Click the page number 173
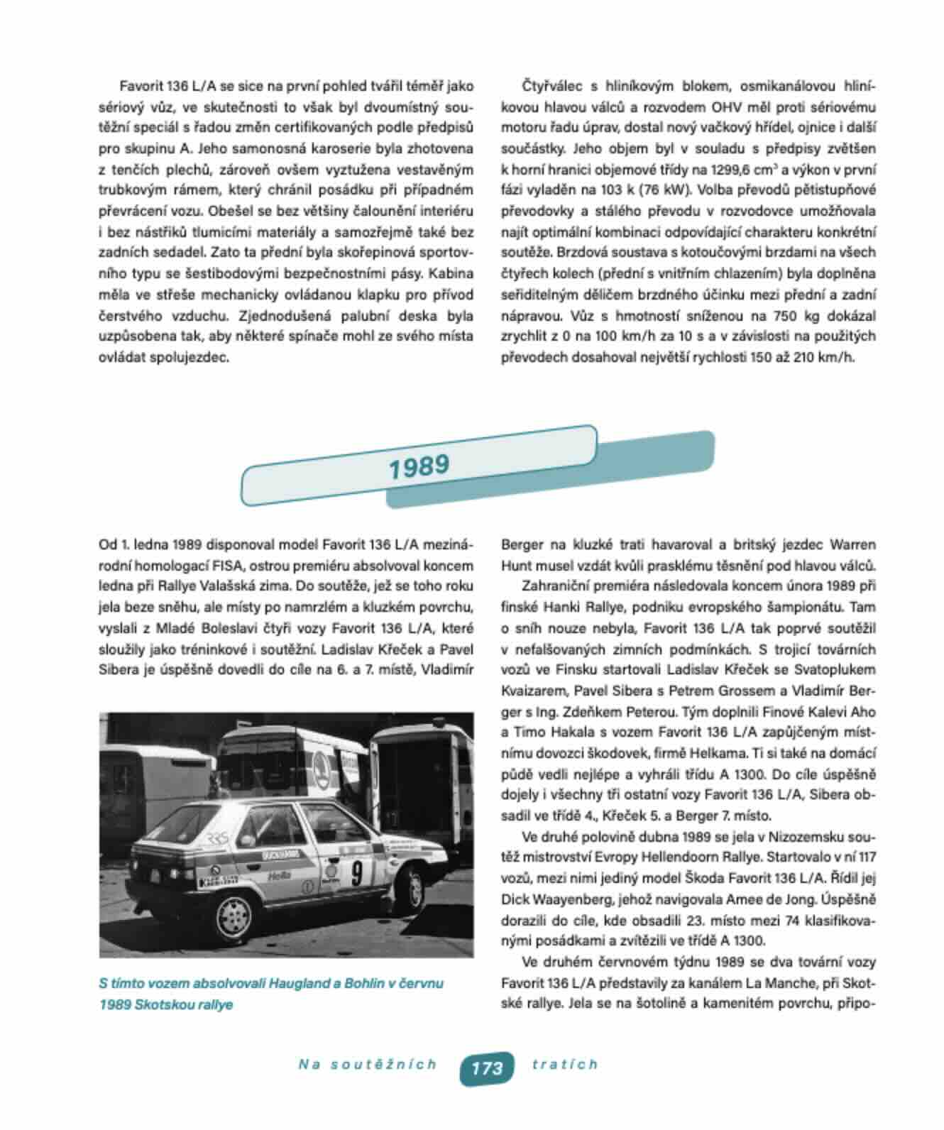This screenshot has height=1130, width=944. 486,1067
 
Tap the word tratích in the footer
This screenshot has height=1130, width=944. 564,1064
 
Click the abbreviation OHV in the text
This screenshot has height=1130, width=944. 728,107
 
